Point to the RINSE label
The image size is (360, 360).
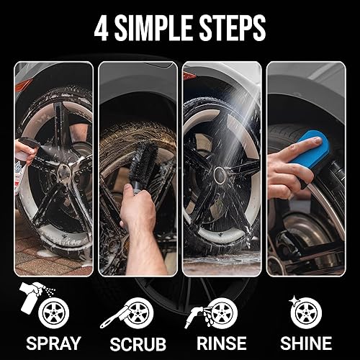click(x=221, y=343)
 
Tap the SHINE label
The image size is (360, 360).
click(x=305, y=343)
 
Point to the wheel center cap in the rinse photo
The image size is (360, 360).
click(x=219, y=174)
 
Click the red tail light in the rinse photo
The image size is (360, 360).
click(x=189, y=74)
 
